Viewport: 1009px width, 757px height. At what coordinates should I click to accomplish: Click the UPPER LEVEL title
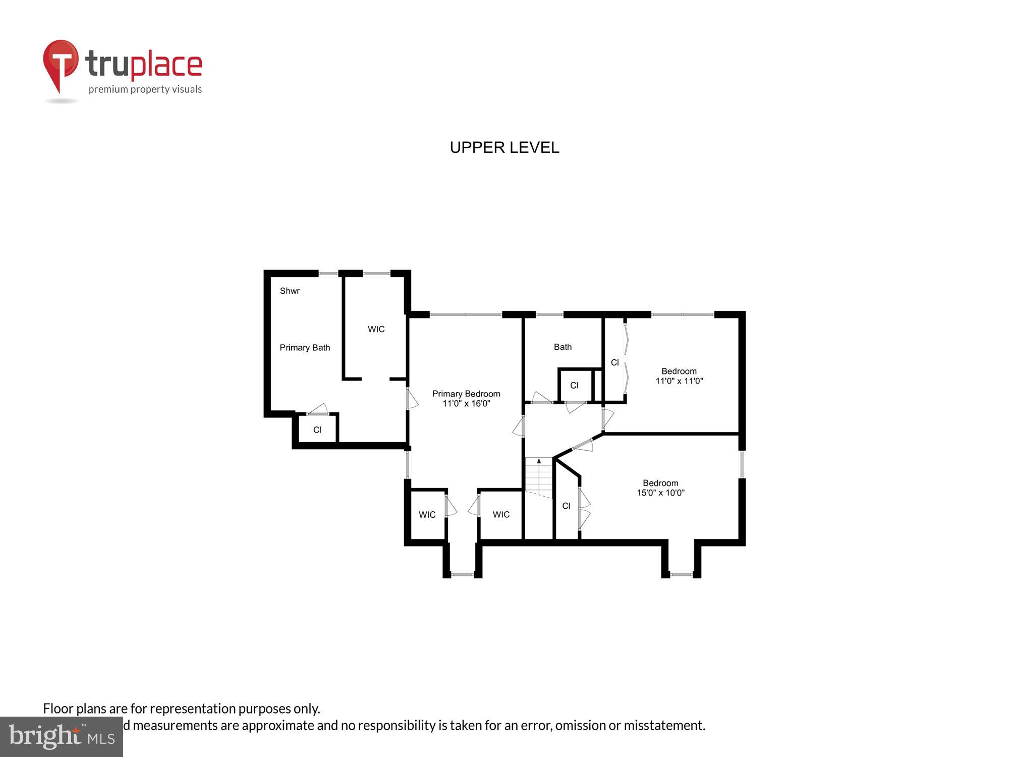pyautogui.click(x=504, y=147)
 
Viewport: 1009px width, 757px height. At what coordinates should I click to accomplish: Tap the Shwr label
pyautogui.click(x=290, y=291)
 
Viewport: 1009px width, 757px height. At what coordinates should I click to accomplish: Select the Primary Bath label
pyautogui.click(x=305, y=348)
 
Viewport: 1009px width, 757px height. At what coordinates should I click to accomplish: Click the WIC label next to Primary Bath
pyautogui.click(x=376, y=329)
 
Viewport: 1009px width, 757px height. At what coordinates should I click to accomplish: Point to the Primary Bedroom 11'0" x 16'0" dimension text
pyautogui.click(x=466, y=404)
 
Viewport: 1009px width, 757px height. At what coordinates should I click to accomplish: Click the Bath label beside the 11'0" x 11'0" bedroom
pyautogui.click(x=563, y=347)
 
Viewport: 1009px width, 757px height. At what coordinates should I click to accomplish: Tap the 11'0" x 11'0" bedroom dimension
pyautogui.click(x=679, y=381)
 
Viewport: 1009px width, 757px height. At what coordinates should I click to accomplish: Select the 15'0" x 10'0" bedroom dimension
pyautogui.click(x=660, y=493)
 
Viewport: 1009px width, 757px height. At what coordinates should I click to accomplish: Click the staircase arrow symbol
pyautogui.click(x=539, y=461)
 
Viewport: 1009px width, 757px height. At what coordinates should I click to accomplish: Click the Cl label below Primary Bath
pyautogui.click(x=317, y=430)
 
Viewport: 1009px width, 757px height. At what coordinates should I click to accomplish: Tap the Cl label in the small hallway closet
pyautogui.click(x=574, y=386)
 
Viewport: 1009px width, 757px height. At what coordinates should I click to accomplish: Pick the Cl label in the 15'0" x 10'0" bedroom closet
pyautogui.click(x=566, y=506)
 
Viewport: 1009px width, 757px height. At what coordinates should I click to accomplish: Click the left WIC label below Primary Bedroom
pyautogui.click(x=427, y=515)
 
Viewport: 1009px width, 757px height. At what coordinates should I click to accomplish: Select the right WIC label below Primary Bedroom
pyautogui.click(x=501, y=515)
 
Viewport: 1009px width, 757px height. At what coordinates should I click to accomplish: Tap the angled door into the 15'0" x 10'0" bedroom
pyautogui.click(x=583, y=445)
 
